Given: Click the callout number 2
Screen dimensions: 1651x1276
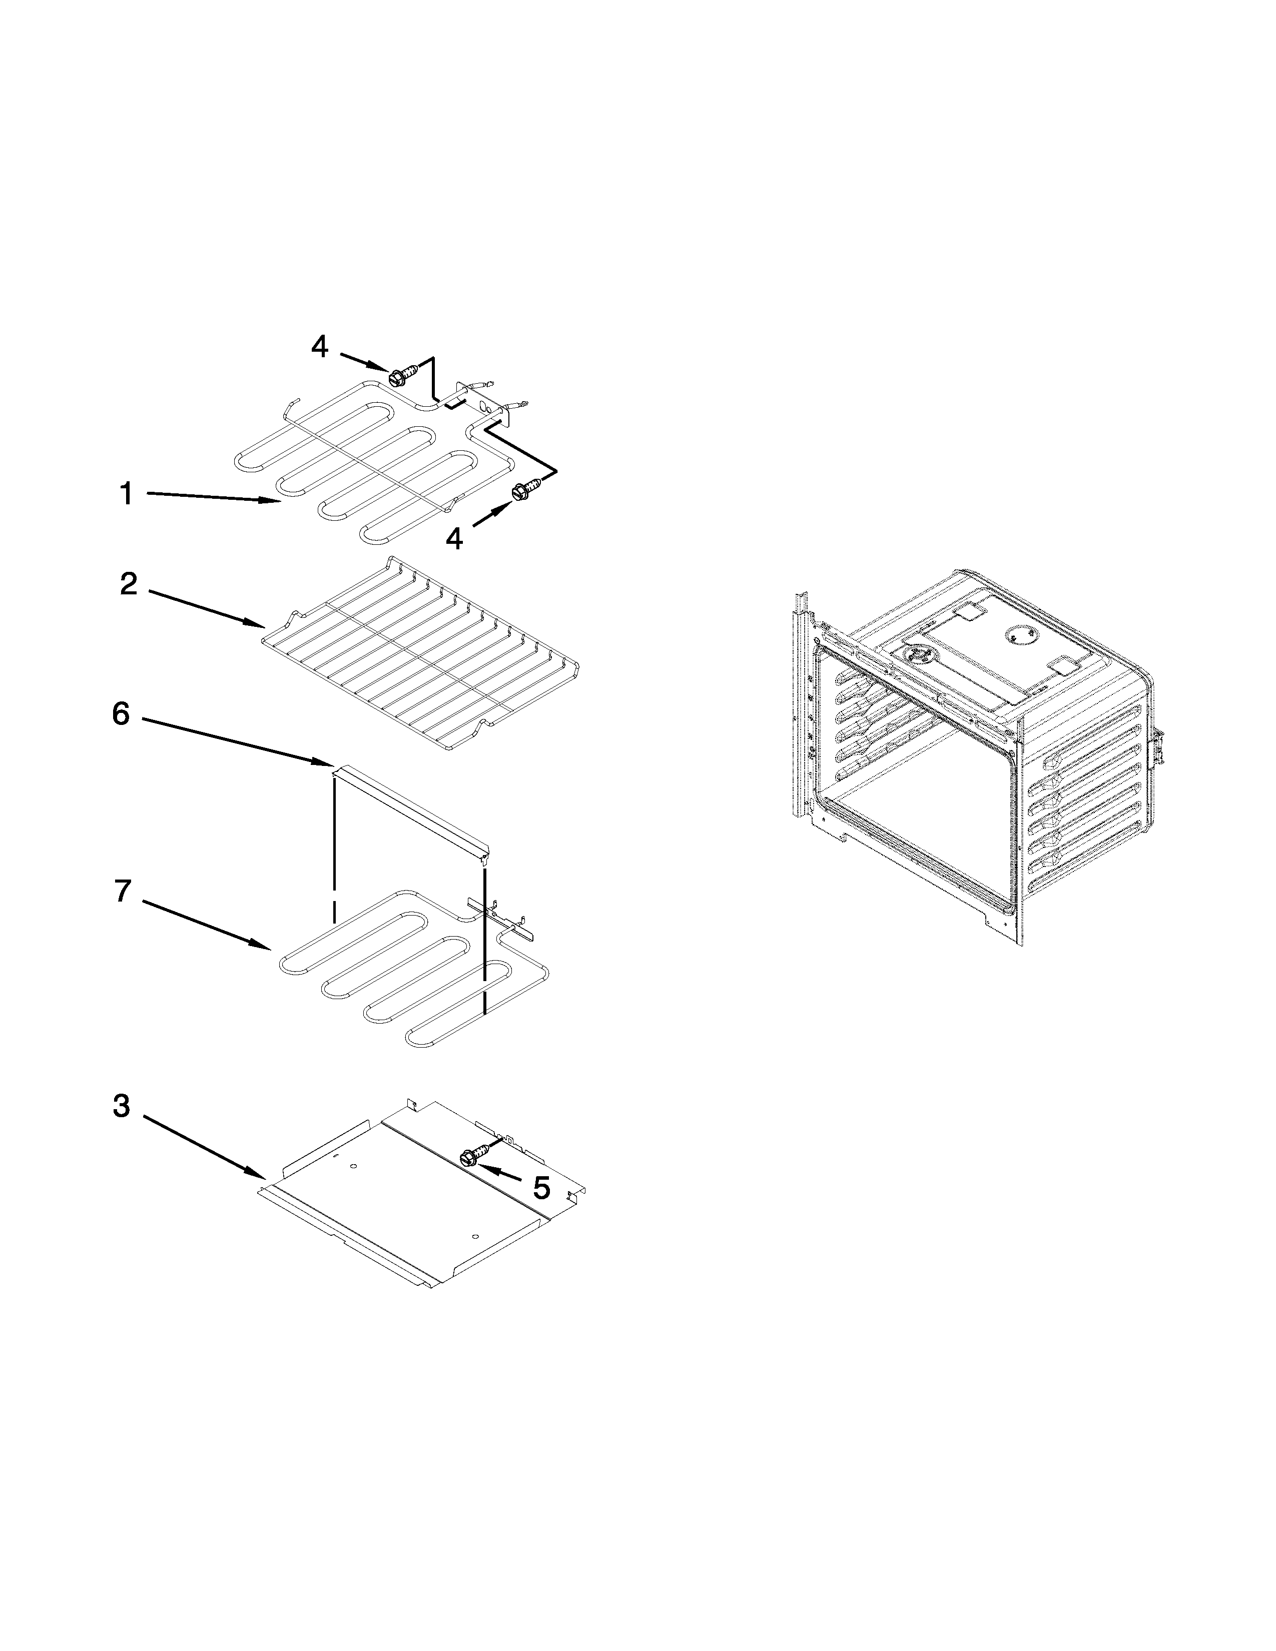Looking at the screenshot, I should coord(129,584).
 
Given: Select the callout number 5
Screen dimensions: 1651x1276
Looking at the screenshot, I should coord(541,1188).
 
